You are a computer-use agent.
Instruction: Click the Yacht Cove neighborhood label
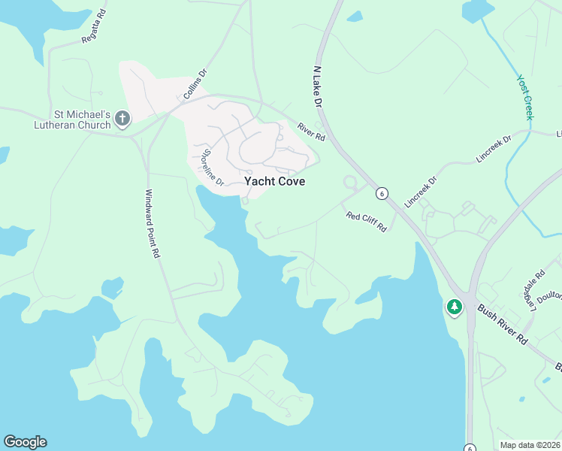[274, 181]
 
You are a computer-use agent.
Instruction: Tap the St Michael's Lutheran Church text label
[72, 120]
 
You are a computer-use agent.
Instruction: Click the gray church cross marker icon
[122, 118]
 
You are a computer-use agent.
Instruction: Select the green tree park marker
[454, 307]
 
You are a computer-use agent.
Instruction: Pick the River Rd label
[311, 132]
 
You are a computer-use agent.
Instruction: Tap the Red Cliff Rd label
[366, 221]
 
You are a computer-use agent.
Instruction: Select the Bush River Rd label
[503, 325]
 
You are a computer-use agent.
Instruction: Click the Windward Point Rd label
[153, 223]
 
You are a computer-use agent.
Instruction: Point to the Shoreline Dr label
[212, 168]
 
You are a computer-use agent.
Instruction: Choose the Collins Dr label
[195, 84]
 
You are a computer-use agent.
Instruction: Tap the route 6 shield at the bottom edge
[469, 446]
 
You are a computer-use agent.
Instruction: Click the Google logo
[25, 442]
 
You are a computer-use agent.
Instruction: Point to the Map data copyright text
[530, 445]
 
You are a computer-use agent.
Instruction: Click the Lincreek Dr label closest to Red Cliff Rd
[420, 192]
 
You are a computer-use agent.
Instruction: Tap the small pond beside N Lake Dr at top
[355, 17]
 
